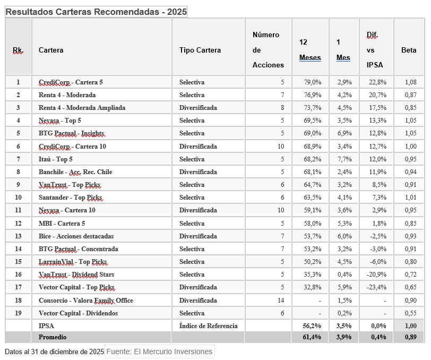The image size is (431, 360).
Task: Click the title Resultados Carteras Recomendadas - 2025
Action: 96,12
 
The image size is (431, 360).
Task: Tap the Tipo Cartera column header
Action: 200,50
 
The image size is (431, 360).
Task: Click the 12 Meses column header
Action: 309,50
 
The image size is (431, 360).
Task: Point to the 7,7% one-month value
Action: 343,159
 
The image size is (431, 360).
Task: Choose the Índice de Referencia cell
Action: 208,326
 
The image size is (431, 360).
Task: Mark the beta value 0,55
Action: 409,313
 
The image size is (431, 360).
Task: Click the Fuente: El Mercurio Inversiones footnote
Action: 159,352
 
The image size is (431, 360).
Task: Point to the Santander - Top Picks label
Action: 70,198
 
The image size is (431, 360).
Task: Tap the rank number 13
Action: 18,236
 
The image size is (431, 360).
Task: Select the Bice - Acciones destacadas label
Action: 76,236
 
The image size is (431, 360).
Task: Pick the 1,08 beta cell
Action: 409,82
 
